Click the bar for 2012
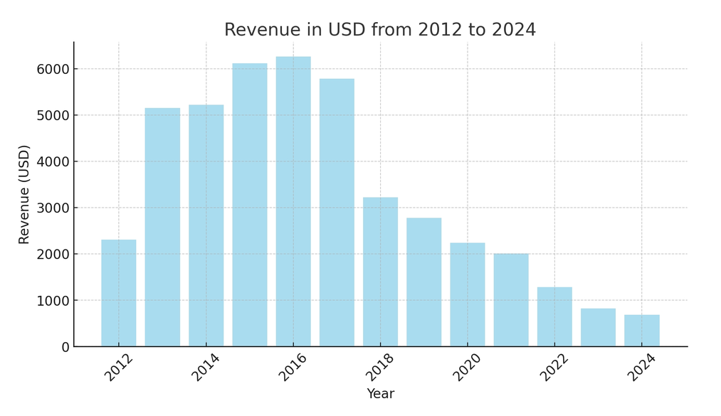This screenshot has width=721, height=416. [x=118, y=293]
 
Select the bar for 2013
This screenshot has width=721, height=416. [x=162, y=228]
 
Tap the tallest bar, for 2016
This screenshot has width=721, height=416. [x=293, y=201]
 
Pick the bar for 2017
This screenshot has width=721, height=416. [x=337, y=213]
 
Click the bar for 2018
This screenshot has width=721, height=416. [x=380, y=272]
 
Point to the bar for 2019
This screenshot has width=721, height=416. [x=423, y=282]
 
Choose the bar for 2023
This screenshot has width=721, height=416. [x=598, y=327]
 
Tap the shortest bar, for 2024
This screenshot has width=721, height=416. [x=641, y=331]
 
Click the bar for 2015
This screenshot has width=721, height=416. [x=250, y=205]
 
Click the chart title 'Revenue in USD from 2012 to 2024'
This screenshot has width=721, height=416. [x=380, y=30]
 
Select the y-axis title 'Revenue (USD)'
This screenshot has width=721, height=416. [x=24, y=194]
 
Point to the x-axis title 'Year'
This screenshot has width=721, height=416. [x=380, y=394]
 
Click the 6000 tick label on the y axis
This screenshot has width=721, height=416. [x=54, y=69]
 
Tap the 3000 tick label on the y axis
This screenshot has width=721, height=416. [x=54, y=208]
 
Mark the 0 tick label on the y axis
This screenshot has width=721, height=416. [x=65, y=347]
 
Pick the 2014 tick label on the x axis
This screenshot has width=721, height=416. [x=205, y=368]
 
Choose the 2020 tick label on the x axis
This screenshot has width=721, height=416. [x=467, y=368]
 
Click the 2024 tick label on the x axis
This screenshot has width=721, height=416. [x=641, y=368]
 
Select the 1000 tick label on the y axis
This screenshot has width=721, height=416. [x=54, y=301]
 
